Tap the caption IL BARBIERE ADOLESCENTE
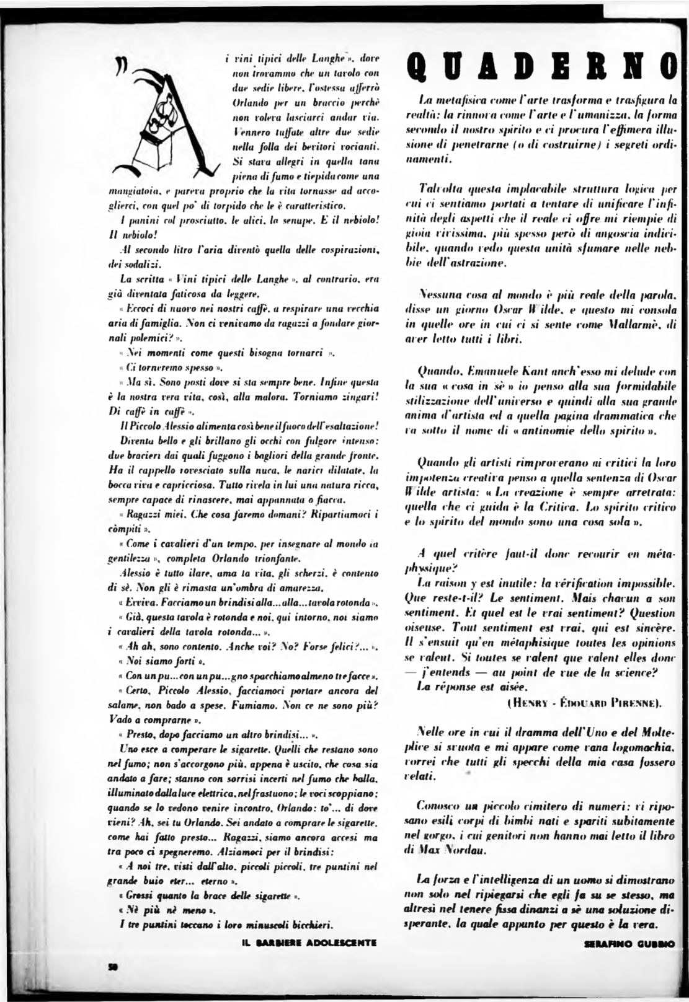click(308, 943)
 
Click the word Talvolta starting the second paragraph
click(437, 187)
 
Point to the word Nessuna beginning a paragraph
click(442, 291)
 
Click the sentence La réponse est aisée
click(463, 687)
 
